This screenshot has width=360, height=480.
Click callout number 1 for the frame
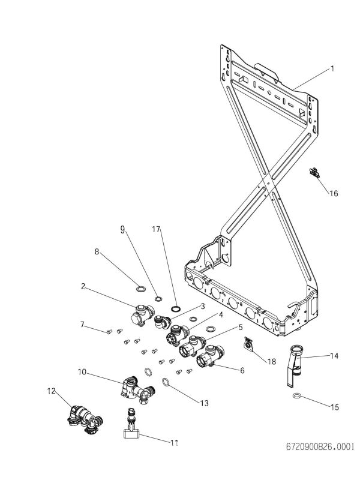click(332, 69)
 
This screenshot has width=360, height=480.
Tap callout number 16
click(334, 193)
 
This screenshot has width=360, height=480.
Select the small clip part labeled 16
click(314, 173)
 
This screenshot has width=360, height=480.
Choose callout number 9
click(123, 229)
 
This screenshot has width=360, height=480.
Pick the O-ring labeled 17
click(176, 308)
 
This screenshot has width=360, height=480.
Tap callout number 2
click(83, 286)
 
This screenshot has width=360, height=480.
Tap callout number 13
click(205, 403)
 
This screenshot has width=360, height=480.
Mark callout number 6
click(242, 371)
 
